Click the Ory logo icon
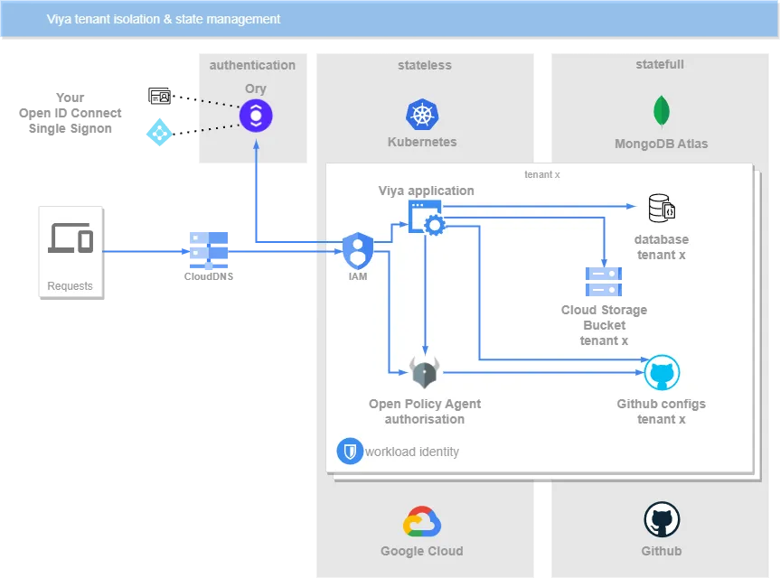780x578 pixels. tap(256, 115)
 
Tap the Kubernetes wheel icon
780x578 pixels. tap(422, 115)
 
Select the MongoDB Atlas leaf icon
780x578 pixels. tap(662, 111)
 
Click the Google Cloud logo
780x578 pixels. tap(422, 523)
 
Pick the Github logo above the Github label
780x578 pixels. tap(662, 521)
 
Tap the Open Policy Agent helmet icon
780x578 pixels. tap(425, 371)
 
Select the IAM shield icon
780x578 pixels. tap(358, 249)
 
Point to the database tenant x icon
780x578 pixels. tap(662, 209)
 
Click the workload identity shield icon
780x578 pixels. tap(349, 451)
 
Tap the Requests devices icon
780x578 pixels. tap(70, 238)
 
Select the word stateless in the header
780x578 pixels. tap(424, 65)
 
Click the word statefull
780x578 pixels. tap(660, 65)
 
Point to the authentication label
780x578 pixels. tap(252, 65)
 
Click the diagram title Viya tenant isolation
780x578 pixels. tap(164, 19)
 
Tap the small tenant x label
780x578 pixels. tap(542, 173)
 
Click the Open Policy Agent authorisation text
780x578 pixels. tap(425, 412)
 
